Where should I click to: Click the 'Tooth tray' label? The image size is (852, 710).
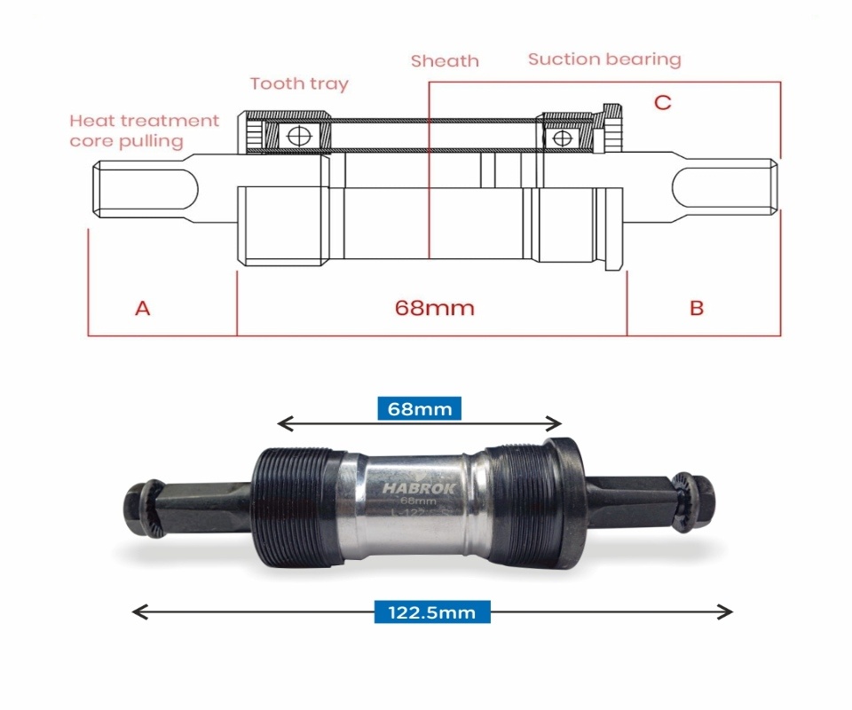pos(299,84)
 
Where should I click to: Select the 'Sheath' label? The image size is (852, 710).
pos(445,61)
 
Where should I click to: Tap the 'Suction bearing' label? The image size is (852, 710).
pos(604,59)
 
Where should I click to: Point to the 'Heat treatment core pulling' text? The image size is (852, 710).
pos(144,130)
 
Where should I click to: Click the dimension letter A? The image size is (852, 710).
pos(142,308)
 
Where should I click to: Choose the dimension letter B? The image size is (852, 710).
pos(697,308)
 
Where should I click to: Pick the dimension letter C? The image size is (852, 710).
pos(662,103)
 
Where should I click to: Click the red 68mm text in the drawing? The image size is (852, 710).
pos(434,308)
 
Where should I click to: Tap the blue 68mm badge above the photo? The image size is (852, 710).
pos(420,409)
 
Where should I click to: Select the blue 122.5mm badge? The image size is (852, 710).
pos(431,611)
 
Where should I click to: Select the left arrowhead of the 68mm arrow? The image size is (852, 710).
pos(283,422)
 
